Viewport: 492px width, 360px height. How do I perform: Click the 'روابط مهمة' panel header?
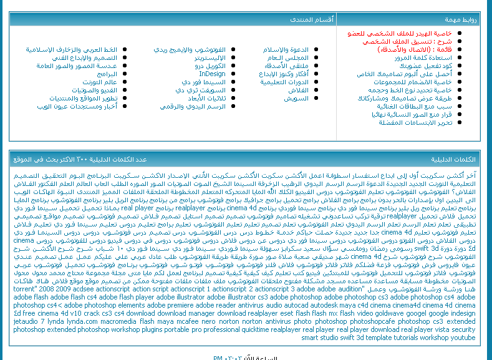(464, 20)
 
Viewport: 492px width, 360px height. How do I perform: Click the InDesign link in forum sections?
(213, 74)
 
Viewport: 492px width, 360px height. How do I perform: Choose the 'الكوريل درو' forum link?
(210, 66)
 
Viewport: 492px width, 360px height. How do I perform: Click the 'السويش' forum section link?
(296, 98)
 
